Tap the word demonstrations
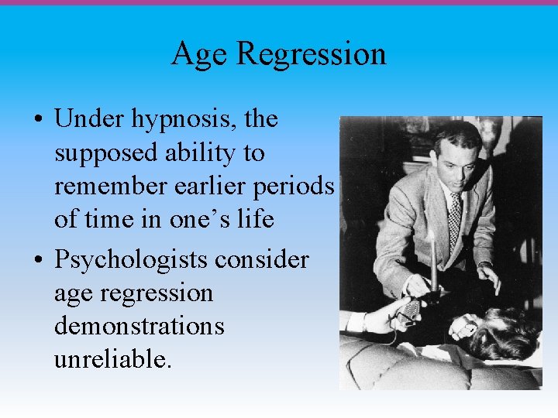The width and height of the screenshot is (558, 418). pyautogui.click(x=139, y=326)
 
